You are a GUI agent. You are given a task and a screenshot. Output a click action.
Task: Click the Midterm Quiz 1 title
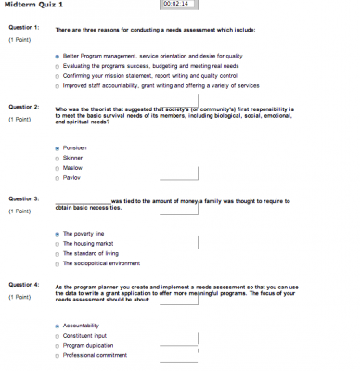pyautogui.click(x=34, y=6)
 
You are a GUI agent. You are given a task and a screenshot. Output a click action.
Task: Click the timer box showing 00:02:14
pyautogui.click(x=174, y=5)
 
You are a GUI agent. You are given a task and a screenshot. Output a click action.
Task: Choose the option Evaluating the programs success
pyautogui.click(x=58, y=67)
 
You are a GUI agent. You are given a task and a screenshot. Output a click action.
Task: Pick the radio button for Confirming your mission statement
pyautogui.click(x=58, y=76)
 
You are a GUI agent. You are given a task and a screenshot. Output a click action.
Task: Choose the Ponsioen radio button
pyautogui.click(x=58, y=147)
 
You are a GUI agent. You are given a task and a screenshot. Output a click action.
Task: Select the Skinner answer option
pyautogui.click(x=58, y=158)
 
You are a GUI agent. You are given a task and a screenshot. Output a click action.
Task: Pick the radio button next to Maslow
pyautogui.click(x=58, y=167)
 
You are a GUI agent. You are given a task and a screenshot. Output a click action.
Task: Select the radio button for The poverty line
pyautogui.click(x=58, y=234)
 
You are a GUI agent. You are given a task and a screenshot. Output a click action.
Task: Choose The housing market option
pyautogui.click(x=58, y=243)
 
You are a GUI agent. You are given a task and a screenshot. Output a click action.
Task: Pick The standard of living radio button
pyautogui.click(x=58, y=253)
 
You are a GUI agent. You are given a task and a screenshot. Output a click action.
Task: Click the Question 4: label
pyautogui.click(x=23, y=285)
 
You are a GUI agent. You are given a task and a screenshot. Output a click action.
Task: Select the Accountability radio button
pyautogui.click(x=58, y=326)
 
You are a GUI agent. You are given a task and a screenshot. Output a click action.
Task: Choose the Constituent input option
pyautogui.click(x=58, y=335)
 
